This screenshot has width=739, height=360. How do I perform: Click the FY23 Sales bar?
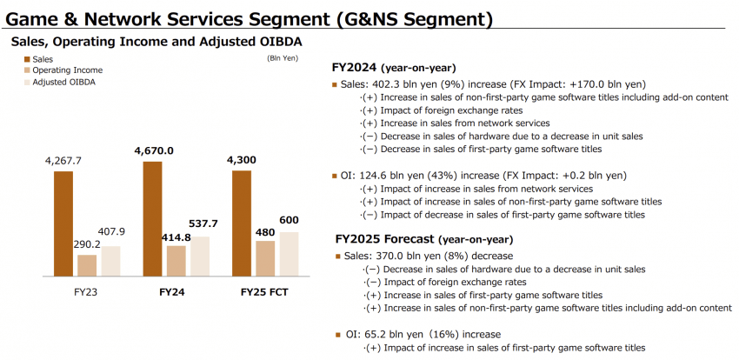coord(63,223)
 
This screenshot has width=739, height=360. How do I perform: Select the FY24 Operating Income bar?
coord(176,261)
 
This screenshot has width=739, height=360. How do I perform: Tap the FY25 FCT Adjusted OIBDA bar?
coord(289,255)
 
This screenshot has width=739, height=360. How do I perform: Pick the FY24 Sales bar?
coord(152,219)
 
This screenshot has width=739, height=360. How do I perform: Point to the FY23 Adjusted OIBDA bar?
coord(110,262)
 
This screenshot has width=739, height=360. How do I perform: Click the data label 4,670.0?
coord(154,150)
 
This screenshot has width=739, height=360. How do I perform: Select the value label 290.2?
coord(87,245)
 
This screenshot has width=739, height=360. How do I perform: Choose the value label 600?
coord(289,220)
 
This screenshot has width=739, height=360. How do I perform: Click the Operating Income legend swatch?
coord(27,70)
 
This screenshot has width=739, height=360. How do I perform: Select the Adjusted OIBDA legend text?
coord(60,82)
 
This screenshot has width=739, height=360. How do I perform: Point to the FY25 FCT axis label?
coord(264,292)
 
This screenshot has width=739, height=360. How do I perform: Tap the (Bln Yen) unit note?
coord(283,58)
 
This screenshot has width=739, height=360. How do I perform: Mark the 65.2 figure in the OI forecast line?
coord(372,335)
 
